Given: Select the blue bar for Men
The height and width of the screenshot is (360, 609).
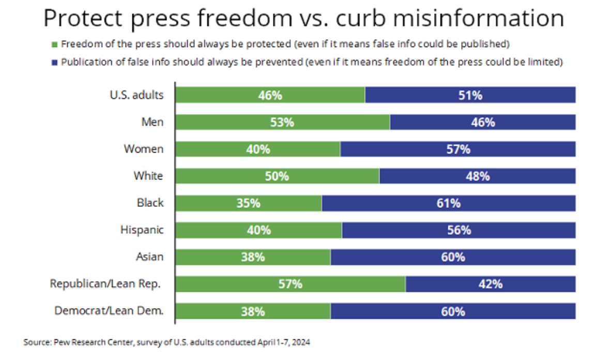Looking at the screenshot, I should (482, 122).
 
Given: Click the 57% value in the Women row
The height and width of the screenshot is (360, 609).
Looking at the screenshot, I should (458, 149).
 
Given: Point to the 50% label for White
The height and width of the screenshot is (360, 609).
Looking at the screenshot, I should (277, 176).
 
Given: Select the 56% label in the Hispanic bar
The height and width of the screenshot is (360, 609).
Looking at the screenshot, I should (459, 230).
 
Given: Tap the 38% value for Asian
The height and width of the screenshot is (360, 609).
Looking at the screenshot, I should (253, 257).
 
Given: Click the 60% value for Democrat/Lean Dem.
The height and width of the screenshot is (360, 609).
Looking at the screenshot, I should (452, 311).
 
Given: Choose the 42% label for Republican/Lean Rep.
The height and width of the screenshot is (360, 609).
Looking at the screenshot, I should (490, 284).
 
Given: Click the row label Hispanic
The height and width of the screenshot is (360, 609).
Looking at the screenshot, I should (142, 230).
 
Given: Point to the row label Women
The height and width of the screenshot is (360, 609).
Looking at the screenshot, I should (143, 149).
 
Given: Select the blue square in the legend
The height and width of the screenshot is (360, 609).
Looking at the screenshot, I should (54, 62).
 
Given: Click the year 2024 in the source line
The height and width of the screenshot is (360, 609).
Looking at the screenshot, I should (303, 342).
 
